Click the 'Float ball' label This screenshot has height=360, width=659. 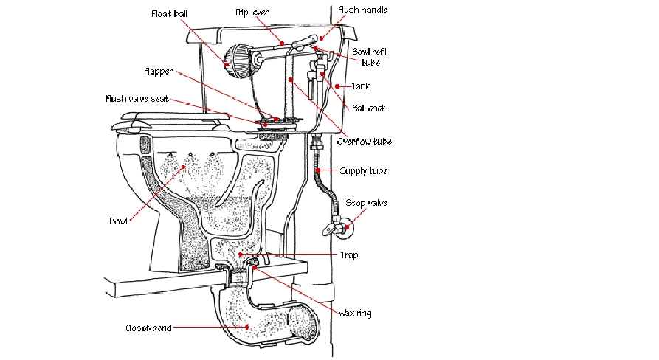pos(169,14)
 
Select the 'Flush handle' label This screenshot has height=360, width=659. pos(362,10)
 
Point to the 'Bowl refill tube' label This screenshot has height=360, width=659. pos(370,56)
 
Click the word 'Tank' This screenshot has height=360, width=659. pos(360,86)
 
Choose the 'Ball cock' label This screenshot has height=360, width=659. pos(369,108)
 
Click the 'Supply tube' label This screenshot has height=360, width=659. pos(363,171)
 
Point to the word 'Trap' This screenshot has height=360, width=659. pos(349,255)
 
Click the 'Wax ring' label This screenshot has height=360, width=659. pos(355,314)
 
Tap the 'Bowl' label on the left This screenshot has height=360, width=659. pos(119,221)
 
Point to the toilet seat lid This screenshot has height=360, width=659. pos(170,117)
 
